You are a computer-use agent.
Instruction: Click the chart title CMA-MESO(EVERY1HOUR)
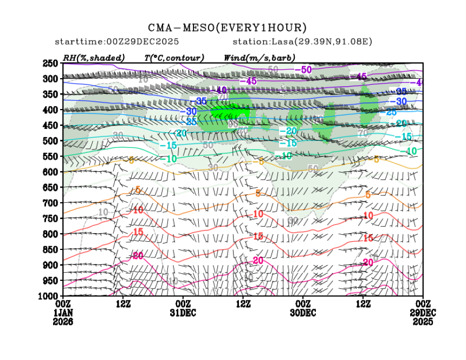(228, 28)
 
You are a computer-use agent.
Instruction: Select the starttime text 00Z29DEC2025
(144, 42)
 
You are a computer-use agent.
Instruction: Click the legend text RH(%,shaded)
(94, 57)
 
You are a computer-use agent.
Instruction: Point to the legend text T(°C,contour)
(174, 57)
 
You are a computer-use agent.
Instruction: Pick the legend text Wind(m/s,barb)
(260, 57)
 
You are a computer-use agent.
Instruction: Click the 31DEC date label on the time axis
(183, 313)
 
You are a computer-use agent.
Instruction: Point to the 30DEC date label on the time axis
(303, 313)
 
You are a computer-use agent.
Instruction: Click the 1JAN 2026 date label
(63, 317)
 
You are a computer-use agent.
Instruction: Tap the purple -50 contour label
(303, 70)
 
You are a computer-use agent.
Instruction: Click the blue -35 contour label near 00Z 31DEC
(202, 101)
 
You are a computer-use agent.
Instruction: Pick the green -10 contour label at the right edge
(411, 151)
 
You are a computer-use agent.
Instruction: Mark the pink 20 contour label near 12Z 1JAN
(138, 255)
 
